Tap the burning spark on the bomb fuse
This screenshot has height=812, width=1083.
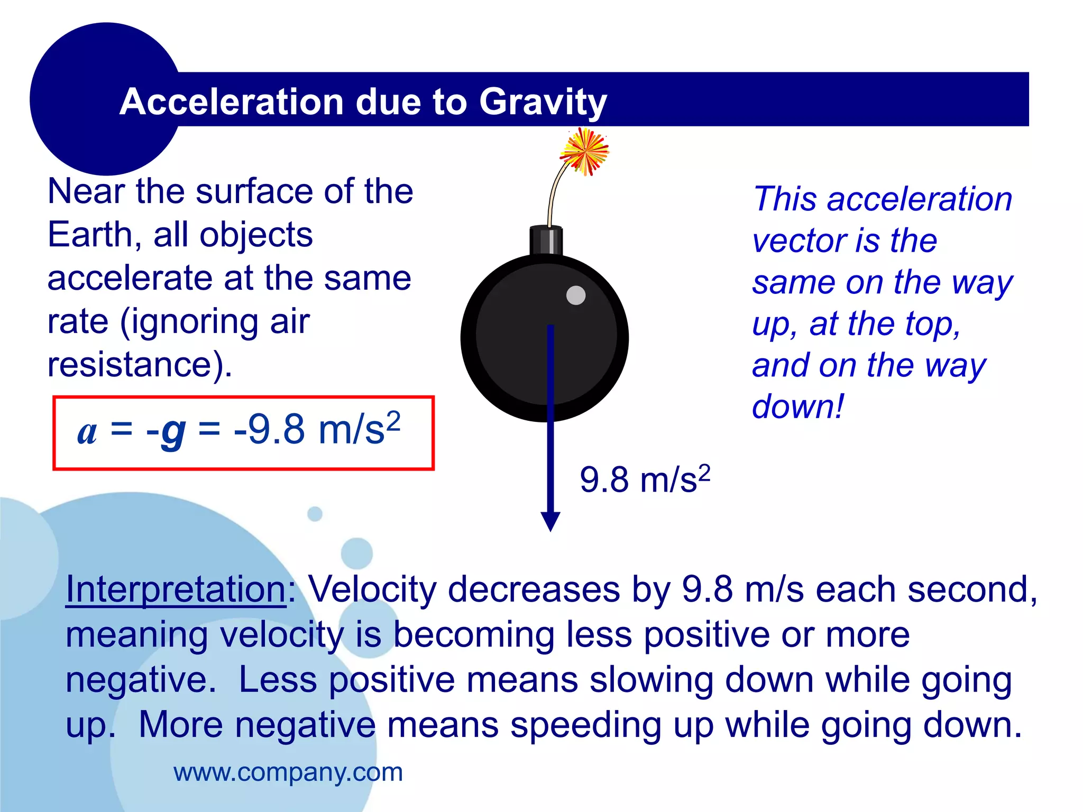pos(584,152)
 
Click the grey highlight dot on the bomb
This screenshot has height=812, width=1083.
pos(576,295)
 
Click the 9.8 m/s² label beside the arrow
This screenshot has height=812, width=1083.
pos(644,479)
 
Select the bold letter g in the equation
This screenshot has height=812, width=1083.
pos(173,431)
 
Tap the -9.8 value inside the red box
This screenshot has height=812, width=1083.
pos(269,429)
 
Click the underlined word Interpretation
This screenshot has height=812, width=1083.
pos(176,589)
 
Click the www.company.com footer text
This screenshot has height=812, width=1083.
pos(288,772)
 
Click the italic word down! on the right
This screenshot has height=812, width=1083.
pos(798,407)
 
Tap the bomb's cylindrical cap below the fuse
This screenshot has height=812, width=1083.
pos(546,241)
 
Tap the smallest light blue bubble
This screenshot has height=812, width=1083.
pos(315,513)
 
